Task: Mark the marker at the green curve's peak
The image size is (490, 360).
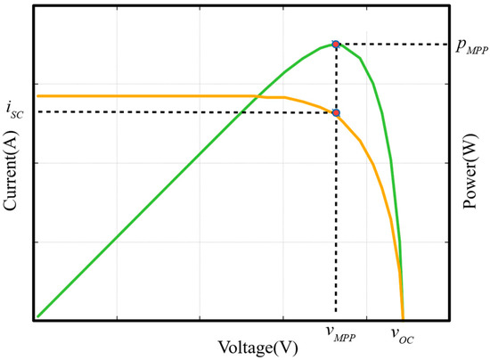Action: [336, 44]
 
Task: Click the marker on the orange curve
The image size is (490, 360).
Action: [336, 112]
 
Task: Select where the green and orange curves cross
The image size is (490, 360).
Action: [257, 95]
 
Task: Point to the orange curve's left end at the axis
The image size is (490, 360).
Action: [37, 95]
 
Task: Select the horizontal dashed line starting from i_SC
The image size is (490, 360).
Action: [178, 111]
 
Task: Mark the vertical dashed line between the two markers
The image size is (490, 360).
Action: [336, 78]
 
